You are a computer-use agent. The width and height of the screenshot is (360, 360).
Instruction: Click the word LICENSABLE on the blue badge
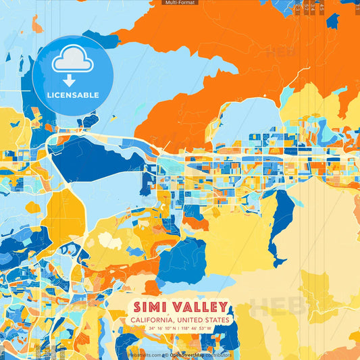click(x=72, y=95)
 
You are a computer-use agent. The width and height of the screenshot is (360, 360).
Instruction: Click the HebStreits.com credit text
click(x=143, y=355)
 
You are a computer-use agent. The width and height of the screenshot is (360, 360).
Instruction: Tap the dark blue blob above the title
click(x=181, y=260)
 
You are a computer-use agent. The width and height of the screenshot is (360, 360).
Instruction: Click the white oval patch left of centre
click(x=109, y=240)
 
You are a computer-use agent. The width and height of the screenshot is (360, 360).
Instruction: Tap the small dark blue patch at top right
click(x=332, y=22)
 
